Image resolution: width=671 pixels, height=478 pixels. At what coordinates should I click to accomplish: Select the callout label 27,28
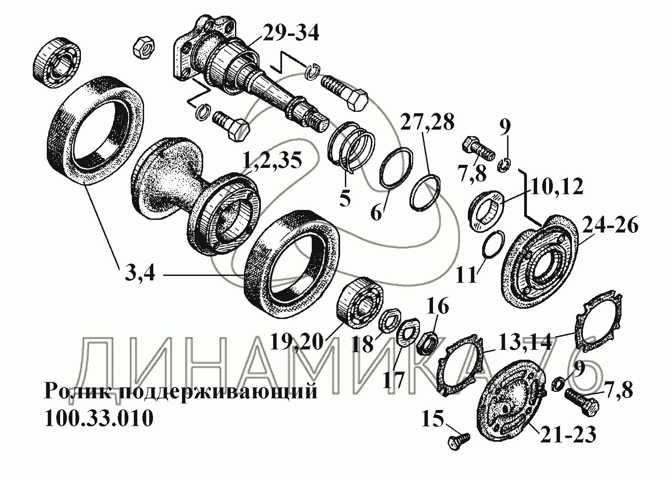pyautogui.click(x=428, y=122)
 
